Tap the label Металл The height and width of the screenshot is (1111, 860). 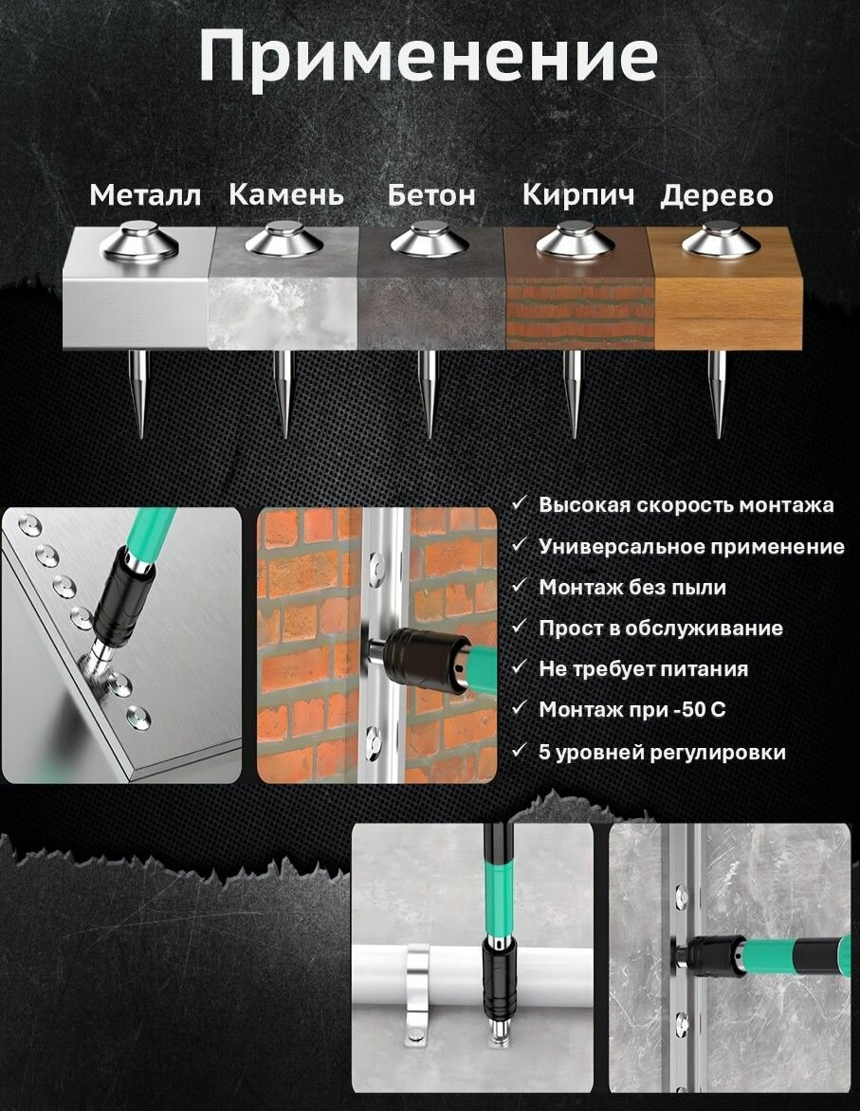coord(145,195)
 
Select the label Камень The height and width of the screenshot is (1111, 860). coord(286,194)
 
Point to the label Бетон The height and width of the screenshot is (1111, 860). coord(431,194)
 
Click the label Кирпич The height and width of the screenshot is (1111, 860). coord(577,195)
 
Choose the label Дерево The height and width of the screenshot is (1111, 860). coord(716,195)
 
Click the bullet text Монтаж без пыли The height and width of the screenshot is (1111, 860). coord(632,588)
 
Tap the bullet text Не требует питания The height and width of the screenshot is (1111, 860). coord(643,669)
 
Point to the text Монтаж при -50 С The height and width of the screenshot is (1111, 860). coord(632,710)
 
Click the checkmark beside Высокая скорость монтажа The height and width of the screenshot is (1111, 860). coord(520,503)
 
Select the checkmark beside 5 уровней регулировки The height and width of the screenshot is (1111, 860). coord(520,750)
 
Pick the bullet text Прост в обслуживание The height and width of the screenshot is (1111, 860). coord(661,628)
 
